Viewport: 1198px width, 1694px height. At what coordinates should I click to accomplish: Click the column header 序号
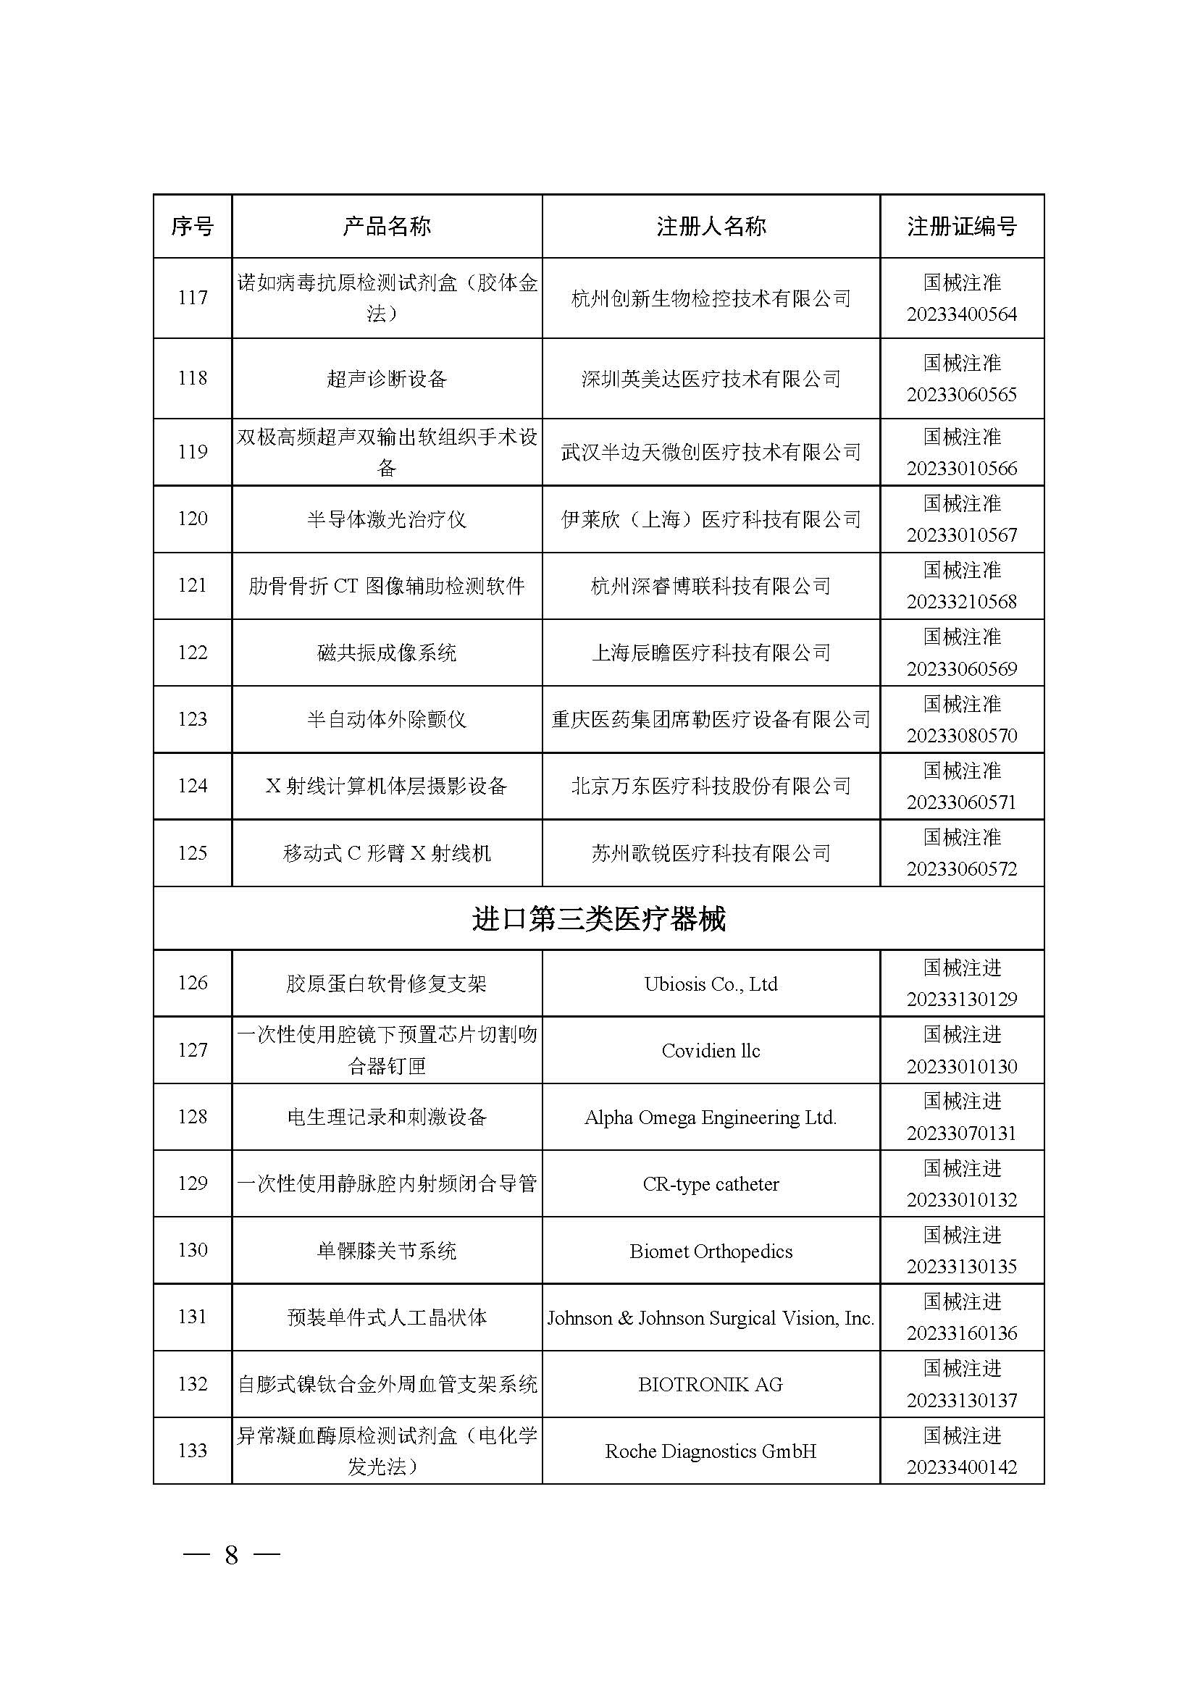pos(193,227)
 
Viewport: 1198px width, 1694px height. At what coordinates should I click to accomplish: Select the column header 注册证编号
pos(961,227)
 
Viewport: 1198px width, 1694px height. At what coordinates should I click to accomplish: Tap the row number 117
pos(193,298)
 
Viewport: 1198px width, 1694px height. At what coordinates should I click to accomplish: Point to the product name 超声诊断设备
pos(387,380)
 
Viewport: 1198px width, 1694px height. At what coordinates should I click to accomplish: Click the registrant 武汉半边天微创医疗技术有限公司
pos(711,452)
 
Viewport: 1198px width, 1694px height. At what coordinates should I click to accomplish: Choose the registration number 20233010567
pos(961,535)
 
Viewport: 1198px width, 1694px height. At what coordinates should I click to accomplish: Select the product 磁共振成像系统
pos(387,653)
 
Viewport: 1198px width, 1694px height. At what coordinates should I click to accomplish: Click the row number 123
pos(193,719)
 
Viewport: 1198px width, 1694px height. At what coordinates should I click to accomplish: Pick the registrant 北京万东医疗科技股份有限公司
pos(711,787)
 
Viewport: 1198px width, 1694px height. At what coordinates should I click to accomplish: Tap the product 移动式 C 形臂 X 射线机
pos(387,854)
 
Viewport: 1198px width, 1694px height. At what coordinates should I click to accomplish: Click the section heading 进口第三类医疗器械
pos(598,919)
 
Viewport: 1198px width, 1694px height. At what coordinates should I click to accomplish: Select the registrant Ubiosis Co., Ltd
pos(711,984)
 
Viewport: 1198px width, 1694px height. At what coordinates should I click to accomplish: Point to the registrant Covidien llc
pos(711,1051)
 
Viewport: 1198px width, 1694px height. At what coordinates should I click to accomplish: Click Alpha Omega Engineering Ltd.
pos(711,1118)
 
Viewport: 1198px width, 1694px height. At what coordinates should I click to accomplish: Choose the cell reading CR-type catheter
pos(711,1184)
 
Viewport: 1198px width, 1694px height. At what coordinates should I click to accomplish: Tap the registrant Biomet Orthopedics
pos(711,1251)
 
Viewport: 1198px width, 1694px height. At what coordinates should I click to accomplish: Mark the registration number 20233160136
pos(961,1333)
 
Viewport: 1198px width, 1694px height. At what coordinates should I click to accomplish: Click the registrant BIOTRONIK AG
pos(711,1385)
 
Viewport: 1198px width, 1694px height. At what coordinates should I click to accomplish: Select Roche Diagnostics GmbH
pos(711,1451)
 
